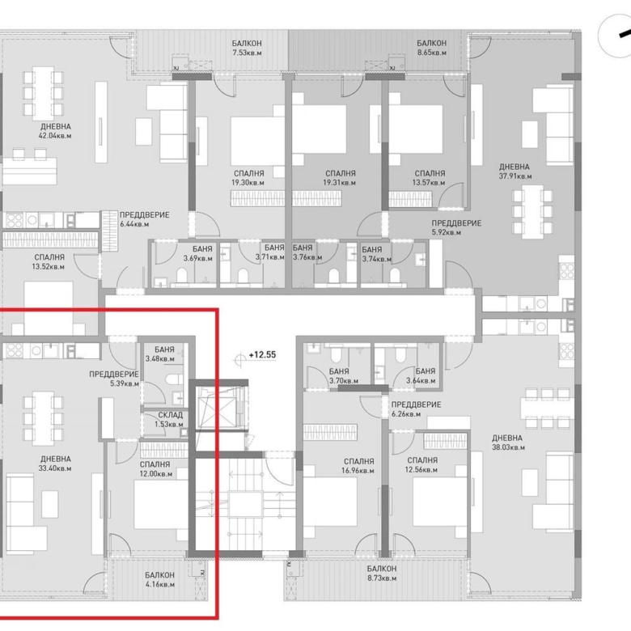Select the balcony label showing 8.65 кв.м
pos(431,48)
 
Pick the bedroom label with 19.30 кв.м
pos(246,178)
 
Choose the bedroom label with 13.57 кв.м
pos(429,178)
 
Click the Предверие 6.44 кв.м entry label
pos(144,219)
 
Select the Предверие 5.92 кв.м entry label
pos(456,227)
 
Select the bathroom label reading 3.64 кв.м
pos(421,376)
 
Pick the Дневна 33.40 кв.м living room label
pos(55,463)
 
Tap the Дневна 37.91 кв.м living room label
pos(515,171)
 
